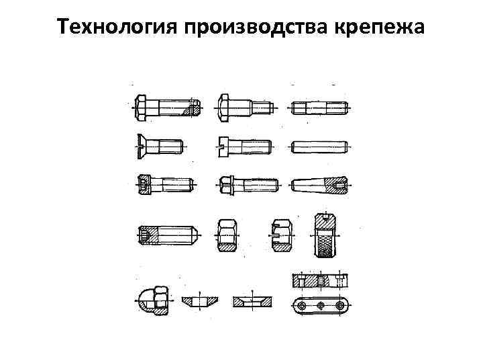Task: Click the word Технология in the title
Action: point(117,26)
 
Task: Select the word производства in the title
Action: point(256,26)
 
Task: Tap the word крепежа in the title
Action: point(379,26)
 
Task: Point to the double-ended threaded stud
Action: point(319,108)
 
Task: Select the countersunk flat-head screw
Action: point(160,147)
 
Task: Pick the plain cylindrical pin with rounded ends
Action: point(320,147)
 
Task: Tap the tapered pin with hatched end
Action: point(319,186)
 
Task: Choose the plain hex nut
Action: point(227,235)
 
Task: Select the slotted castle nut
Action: point(281,235)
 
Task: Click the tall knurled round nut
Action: point(325,235)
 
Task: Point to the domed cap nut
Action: point(154,300)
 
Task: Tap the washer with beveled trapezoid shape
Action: point(200,302)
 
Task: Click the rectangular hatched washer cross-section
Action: point(252,302)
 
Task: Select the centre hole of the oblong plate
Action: point(321,306)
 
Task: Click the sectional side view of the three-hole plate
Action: point(321,281)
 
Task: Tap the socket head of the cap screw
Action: point(144,185)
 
